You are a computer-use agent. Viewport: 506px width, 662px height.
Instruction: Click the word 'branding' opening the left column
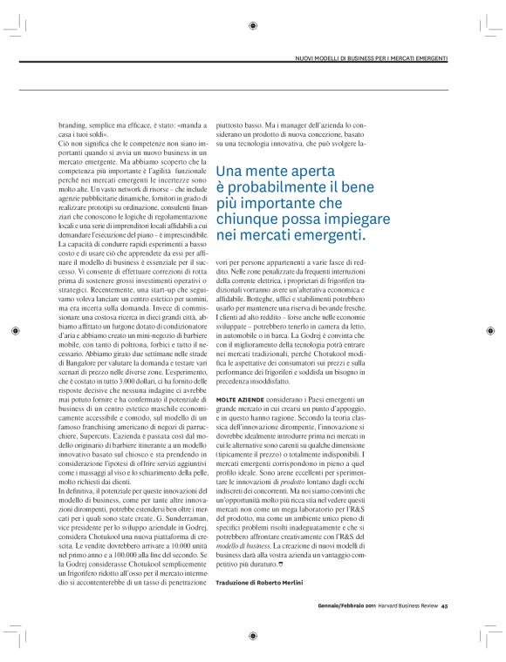click(x=73, y=125)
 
